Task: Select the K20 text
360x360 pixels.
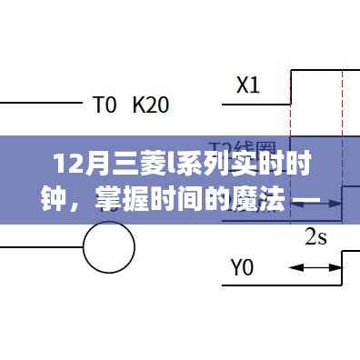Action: (150, 105)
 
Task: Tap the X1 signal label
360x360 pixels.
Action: (247, 86)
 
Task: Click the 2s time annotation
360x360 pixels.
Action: (315, 238)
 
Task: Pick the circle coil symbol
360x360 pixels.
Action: (109, 244)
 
